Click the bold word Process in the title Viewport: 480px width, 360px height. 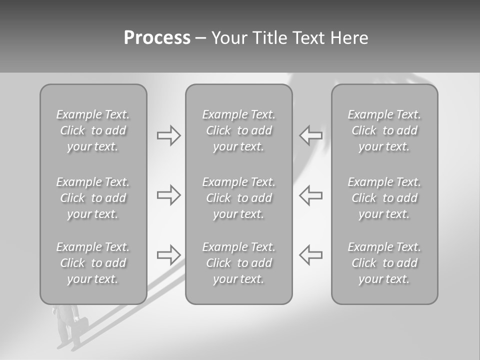(157, 38)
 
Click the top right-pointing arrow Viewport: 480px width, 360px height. (168, 135)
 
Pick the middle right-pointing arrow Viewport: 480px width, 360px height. (168, 195)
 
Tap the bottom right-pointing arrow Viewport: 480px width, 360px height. (168, 255)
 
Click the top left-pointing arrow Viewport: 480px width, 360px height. (311, 135)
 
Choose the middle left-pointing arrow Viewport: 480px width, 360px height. (311, 195)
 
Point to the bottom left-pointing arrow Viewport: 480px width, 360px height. (311, 255)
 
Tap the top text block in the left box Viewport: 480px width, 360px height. (93, 130)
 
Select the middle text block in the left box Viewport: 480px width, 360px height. (93, 198)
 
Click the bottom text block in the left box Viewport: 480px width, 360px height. (93, 263)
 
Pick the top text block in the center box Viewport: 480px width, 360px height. (238, 130)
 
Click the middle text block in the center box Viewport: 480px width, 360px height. (238, 198)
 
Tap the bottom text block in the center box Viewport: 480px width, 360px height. (238, 263)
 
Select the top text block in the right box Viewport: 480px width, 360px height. (384, 130)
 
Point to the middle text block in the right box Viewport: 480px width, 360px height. (384, 198)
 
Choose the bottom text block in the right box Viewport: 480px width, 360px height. (384, 263)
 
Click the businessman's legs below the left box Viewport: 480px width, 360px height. (67, 335)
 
